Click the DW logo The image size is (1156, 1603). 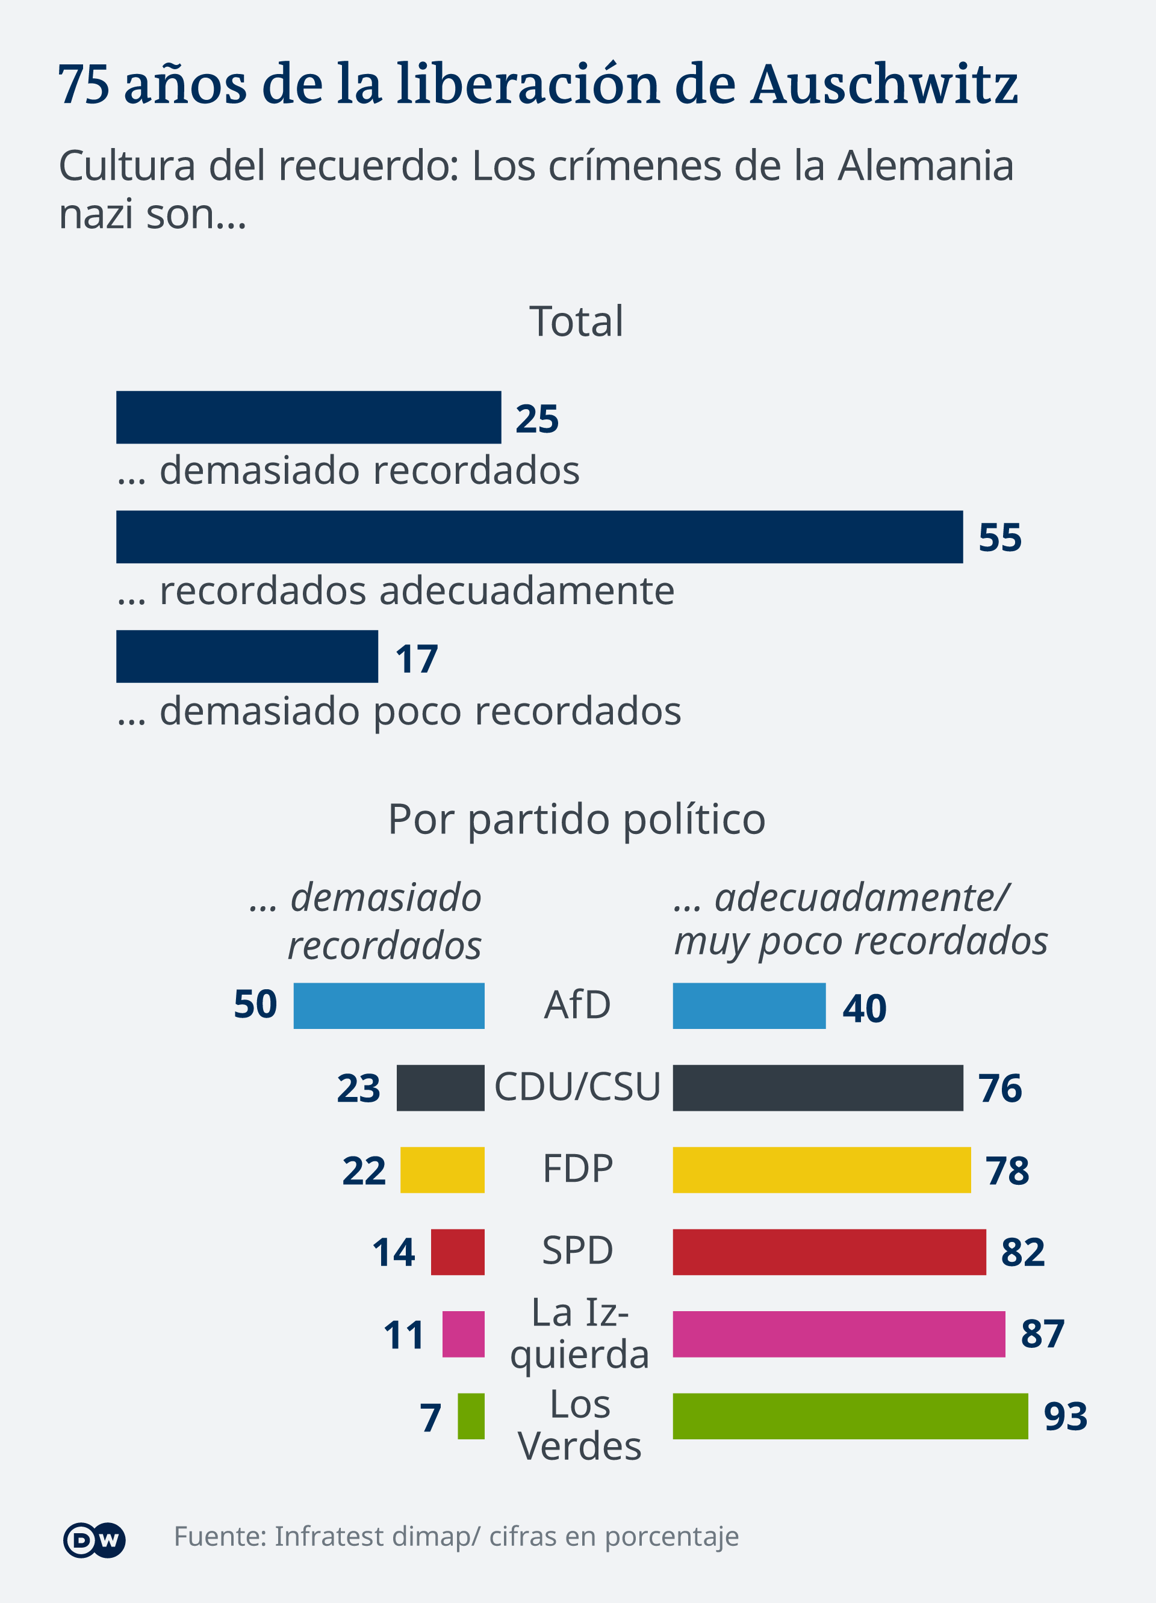pyautogui.click(x=94, y=1540)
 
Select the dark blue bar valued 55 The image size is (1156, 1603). pyautogui.click(x=539, y=537)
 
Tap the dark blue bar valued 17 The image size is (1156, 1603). pyautogui.click(x=247, y=656)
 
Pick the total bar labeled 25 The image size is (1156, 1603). pyautogui.click(x=308, y=418)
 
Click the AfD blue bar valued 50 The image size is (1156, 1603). pyautogui.click(x=389, y=1005)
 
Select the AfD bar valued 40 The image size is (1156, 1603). pyautogui.click(x=749, y=1005)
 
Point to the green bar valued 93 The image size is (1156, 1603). pyautogui.click(x=850, y=1416)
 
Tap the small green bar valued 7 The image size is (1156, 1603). pyautogui.click(x=471, y=1416)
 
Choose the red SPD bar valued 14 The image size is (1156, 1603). pyautogui.click(x=458, y=1252)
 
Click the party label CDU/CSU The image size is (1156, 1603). pyautogui.click(x=577, y=1087)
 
